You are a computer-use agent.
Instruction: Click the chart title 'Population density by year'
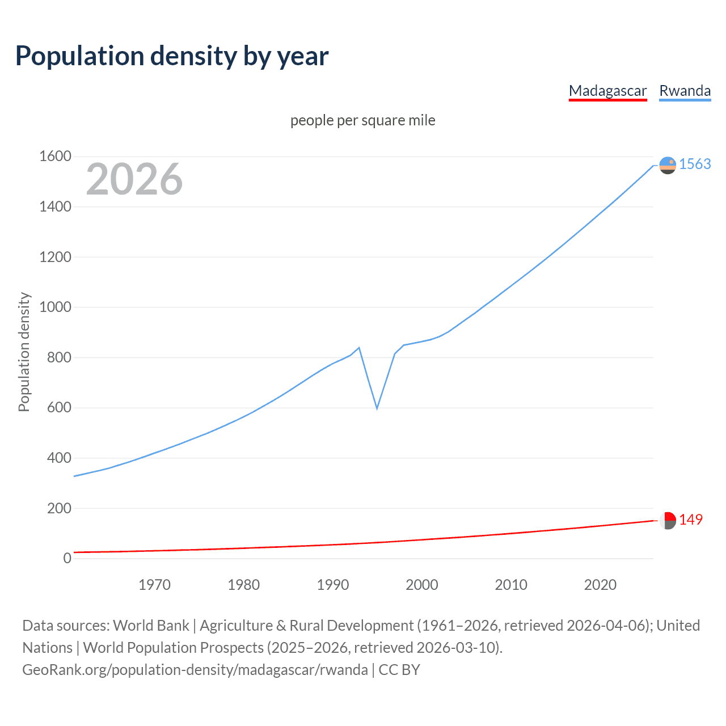tap(172, 56)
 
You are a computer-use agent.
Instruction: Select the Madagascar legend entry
tap(607, 91)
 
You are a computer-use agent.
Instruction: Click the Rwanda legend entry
tap(685, 91)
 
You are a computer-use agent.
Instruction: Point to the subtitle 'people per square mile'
tap(362, 120)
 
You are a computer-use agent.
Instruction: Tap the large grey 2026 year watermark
tap(134, 179)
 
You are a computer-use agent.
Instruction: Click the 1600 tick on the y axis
tap(55, 156)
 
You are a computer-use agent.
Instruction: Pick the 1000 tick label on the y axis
tap(55, 307)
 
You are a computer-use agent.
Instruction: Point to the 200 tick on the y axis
tap(59, 508)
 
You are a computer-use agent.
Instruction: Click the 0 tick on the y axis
tap(67, 558)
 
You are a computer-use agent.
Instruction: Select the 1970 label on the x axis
tap(154, 585)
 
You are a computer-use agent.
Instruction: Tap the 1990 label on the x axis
tap(333, 585)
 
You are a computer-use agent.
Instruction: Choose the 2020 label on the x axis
tap(600, 585)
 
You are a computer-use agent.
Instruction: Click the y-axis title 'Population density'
tap(24, 352)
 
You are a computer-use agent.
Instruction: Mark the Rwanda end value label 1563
tap(695, 164)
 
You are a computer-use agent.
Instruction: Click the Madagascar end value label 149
tap(690, 520)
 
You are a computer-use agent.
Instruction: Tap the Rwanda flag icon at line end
tap(668, 165)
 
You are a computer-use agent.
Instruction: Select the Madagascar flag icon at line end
tap(668, 520)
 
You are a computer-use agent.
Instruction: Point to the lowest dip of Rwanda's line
tap(377, 408)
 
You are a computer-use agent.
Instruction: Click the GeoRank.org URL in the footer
tap(195, 670)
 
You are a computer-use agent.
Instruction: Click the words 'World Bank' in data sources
tap(151, 626)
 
